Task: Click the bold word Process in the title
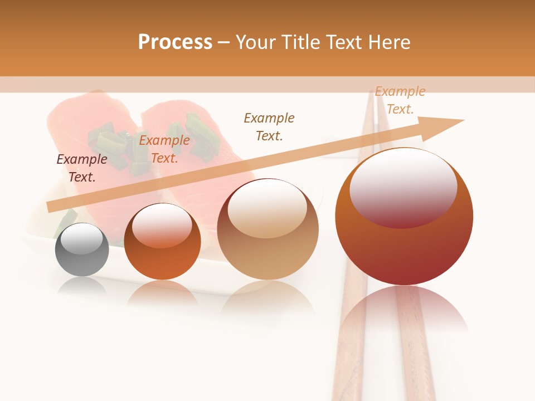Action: pos(175,42)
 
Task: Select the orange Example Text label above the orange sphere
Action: pos(164,149)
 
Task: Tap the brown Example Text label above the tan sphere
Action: pos(269,126)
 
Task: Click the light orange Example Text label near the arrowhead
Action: pos(400,100)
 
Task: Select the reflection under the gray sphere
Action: pos(82,285)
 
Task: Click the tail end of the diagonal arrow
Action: pos(50,207)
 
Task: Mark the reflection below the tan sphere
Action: pos(268,298)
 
